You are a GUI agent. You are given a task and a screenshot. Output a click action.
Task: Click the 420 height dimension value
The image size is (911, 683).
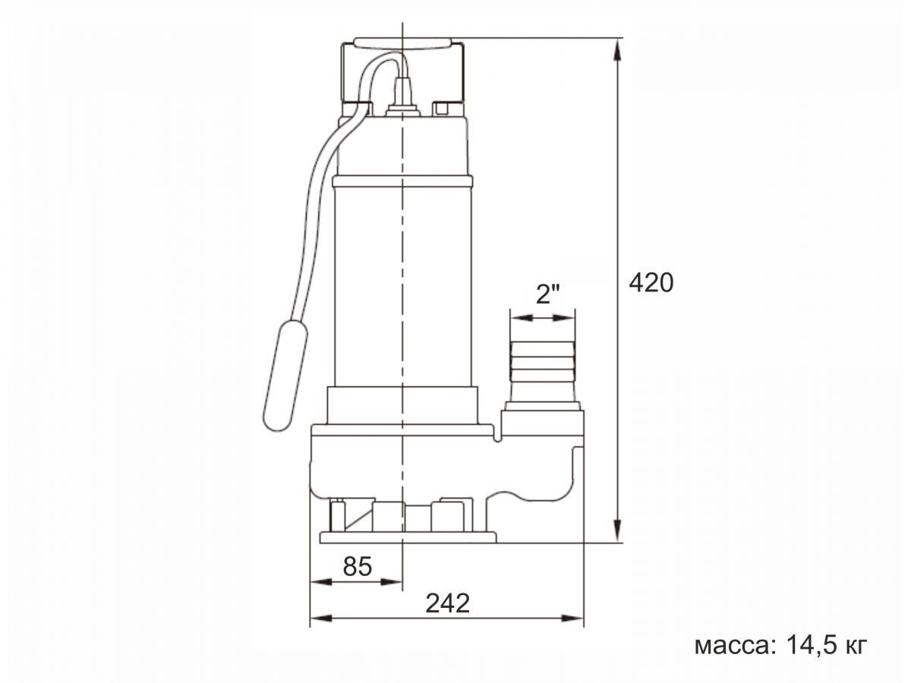coord(651,284)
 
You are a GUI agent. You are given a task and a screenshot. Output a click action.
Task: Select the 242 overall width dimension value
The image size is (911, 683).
coord(447,603)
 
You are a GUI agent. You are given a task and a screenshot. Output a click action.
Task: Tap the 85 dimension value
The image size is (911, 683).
coord(358,566)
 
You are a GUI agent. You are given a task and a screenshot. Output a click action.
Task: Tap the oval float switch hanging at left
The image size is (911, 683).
coord(285,374)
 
